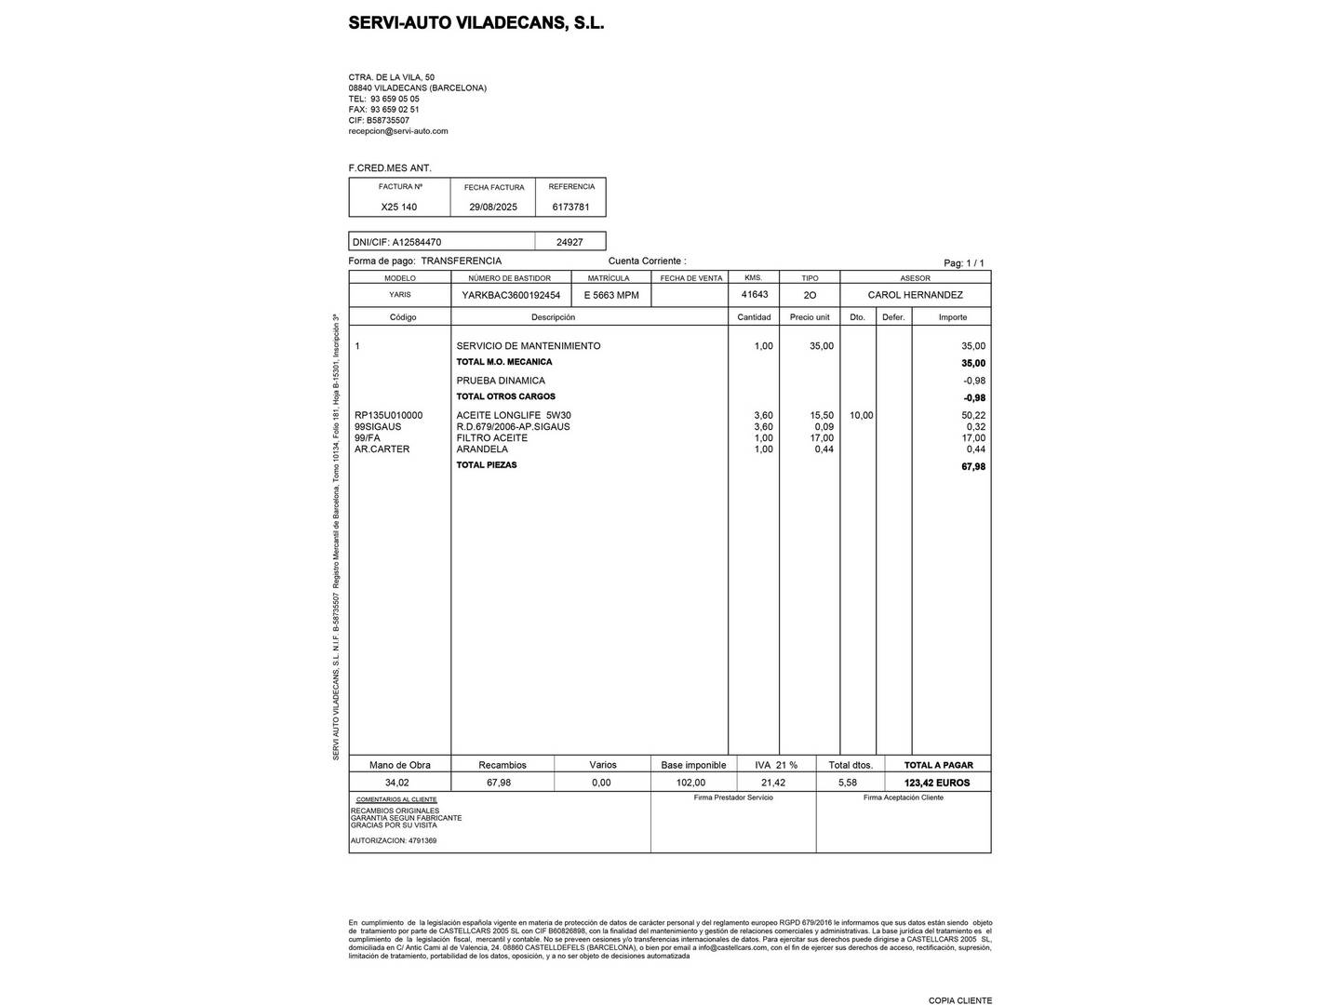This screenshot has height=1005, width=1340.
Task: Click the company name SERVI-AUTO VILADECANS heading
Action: click(476, 23)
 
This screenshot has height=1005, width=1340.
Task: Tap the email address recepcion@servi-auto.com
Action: click(397, 131)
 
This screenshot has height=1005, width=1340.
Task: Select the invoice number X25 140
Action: click(399, 207)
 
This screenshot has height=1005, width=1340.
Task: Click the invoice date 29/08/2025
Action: click(493, 207)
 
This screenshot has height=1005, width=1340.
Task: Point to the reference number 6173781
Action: click(570, 207)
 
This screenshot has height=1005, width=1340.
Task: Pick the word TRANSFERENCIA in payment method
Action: click(461, 261)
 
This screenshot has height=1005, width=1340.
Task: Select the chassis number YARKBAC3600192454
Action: click(511, 295)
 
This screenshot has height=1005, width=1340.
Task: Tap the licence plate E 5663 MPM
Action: click(611, 295)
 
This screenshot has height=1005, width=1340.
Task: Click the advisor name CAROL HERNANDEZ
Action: click(915, 295)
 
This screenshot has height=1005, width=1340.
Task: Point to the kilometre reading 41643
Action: click(754, 294)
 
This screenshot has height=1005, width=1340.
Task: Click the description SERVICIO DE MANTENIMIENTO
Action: click(528, 346)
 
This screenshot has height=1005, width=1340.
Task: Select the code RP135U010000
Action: click(388, 415)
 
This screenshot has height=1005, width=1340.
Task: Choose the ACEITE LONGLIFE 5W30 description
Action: click(514, 415)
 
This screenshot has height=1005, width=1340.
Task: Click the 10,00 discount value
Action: click(861, 415)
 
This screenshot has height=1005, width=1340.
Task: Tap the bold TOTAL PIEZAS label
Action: click(486, 465)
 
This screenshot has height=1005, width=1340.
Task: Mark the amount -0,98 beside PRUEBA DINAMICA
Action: click(973, 381)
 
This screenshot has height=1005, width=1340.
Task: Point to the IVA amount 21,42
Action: click(772, 783)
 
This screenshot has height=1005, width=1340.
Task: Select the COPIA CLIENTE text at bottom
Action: click(959, 1000)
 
